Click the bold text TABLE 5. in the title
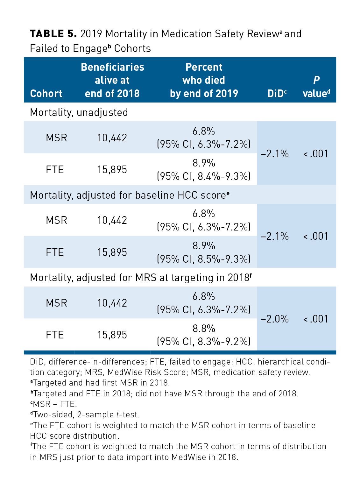click(x=53, y=34)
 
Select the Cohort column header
click(x=46, y=94)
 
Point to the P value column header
click(x=316, y=87)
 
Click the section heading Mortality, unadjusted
click(x=79, y=112)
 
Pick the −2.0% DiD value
click(x=275, y=319)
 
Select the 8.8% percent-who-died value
click(x=204, y=328)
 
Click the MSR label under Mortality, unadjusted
click(x=56, y=138)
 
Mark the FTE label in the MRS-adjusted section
click(x=55, y=335)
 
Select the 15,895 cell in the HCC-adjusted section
click(x=112, y=252)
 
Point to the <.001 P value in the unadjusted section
click(x=316, y=154)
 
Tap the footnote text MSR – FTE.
click(x=55, y=404)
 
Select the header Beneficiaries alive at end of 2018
click(x=112, y=80)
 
